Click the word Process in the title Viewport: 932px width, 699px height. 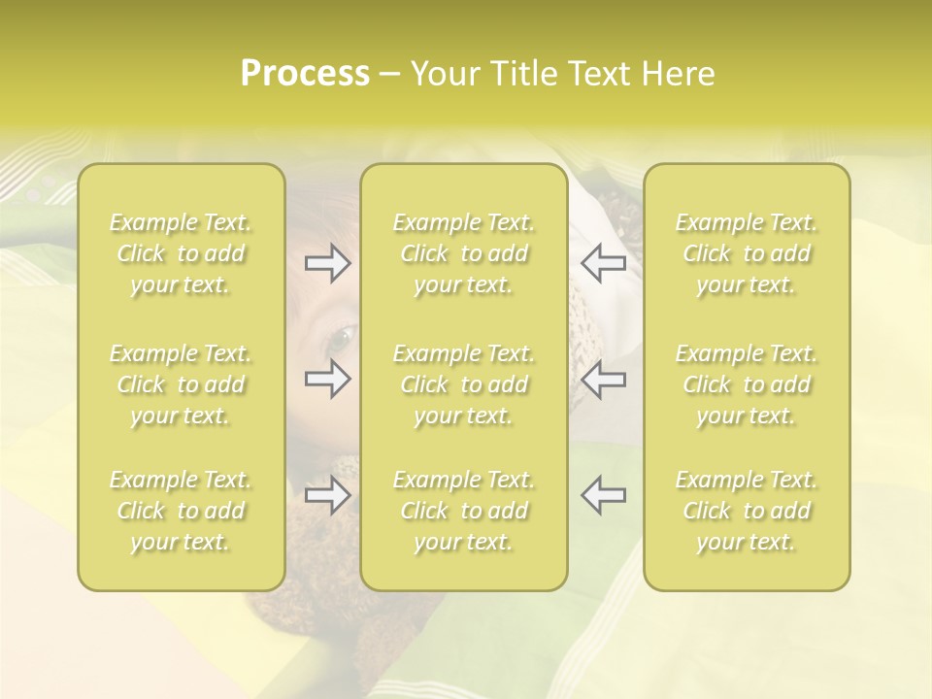pyautogui.click(x=305, y=74)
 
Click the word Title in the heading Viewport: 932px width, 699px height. pyautogui.click(x=523, y=74)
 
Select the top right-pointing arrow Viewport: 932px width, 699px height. pyautogui.click(x=328, y=263)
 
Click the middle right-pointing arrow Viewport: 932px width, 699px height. pyautogui.click(x=328, y=379)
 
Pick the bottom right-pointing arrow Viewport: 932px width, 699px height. pyautogui.click(x=328, y=495)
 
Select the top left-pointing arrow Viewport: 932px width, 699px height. pyautogui.click(x=603, y=263)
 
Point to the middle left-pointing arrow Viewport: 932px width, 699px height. pyautogui.click(x=603, y=379)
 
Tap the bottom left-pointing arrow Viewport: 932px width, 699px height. pyautogui.click(x=603, y=495)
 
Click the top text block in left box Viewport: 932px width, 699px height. pyautogui.click(x=181, y=253)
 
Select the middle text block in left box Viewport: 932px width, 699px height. pyautogui.click(x=181, y=384)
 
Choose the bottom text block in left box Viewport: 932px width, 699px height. pyautogui.click(x=181, y=511)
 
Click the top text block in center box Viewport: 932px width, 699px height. pyautogui.click(x=464, y=253)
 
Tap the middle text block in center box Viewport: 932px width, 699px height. pyautogui.click(x=464, y=384)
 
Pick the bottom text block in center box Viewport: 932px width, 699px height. pyautogui.click(x=464, y=511)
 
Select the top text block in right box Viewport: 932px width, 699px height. pyautogui.click(x=747, y=253)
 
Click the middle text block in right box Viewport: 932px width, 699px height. pyautogui.click(x=747, y=384)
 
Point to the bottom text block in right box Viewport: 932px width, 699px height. pyautogui.click(x=747, y=511)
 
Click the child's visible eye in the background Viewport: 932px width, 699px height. pyautogui.click(x=342, y=339)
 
